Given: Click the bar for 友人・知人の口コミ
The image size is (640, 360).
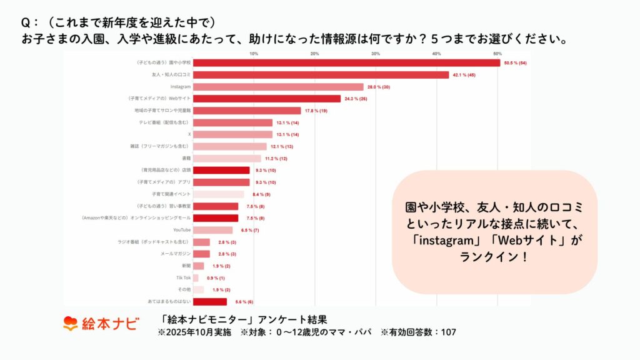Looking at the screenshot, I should [x=321, y=75].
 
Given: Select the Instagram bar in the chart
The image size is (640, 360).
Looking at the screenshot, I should [x=278, y=87].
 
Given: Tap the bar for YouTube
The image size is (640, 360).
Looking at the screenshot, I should [x=212, y=230].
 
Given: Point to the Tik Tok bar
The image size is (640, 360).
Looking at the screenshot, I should [x=196, y=278].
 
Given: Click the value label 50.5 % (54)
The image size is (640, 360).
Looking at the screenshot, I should [x=516, y=63].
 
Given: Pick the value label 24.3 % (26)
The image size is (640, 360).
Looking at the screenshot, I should [x=356, y=99].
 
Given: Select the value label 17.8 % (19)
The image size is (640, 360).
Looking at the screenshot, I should [x=316, y=111].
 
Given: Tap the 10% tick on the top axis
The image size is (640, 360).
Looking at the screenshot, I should [x=254, y=54].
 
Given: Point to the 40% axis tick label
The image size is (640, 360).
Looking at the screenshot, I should [x=437, y=54].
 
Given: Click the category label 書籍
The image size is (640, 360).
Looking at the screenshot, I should [x=186, y=158].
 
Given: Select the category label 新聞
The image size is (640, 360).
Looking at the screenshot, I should [x=186, y=266].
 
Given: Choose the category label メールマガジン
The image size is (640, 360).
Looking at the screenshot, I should [x=176, y=254].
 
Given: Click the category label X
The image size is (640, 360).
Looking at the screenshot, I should [x=189, y=134].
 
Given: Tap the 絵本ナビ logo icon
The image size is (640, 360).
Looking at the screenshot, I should [x=70, y=324].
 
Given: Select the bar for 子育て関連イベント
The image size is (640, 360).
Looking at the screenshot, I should [x=218, y=194].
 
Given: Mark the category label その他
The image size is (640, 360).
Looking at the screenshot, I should [x=184, y=290].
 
